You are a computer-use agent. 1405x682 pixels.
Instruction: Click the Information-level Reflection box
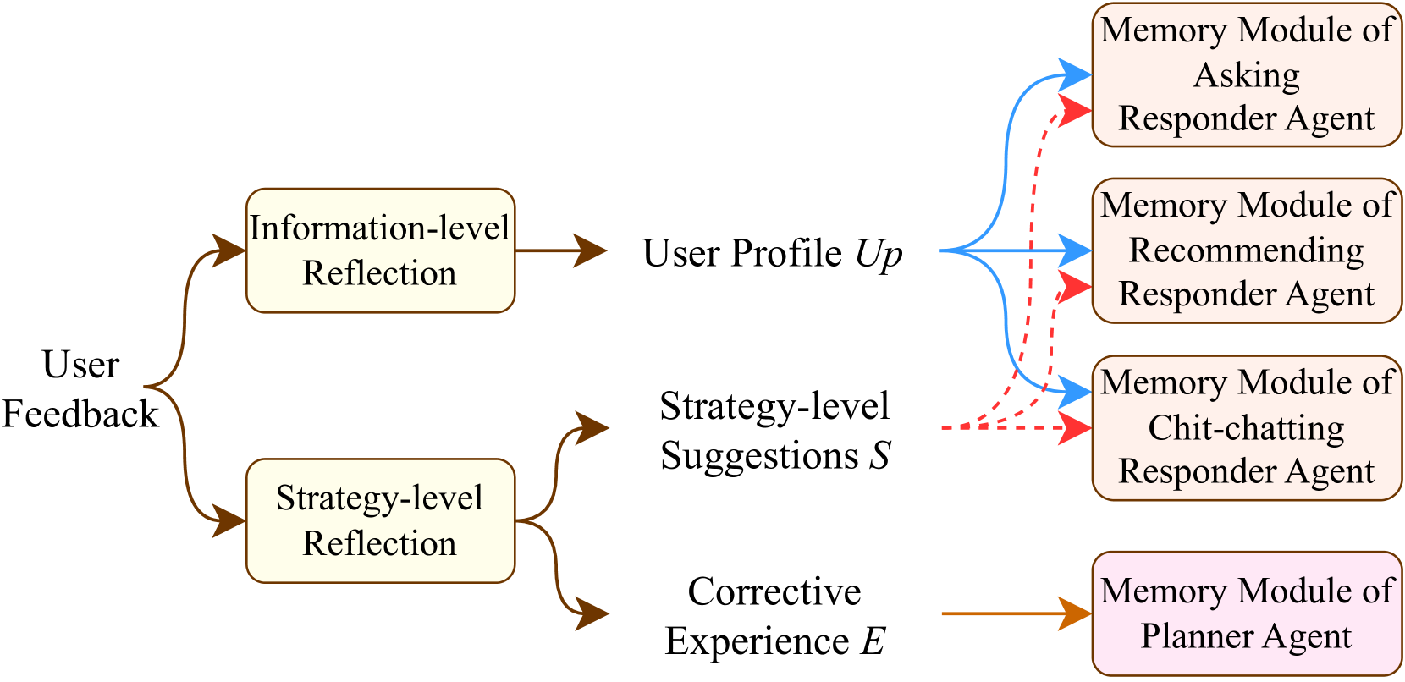point(380,250)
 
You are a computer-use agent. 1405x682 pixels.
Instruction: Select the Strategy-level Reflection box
point(380,520)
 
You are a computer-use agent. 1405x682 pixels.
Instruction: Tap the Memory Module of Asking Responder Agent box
point(1247,74)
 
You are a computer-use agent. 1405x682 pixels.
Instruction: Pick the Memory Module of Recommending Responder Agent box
point(1247,250)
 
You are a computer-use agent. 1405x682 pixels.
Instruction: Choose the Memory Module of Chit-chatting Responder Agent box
point(1247,427)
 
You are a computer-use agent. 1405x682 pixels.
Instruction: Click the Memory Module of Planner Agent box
point(1247,613)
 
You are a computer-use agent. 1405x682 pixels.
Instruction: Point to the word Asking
point(1247,75)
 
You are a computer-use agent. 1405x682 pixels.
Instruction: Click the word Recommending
point(1247,250)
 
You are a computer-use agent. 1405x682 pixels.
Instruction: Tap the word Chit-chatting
point(1246,428)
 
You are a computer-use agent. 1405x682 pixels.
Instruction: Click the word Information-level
point(380,228)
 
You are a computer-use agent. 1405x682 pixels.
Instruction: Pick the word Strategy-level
point(380,498)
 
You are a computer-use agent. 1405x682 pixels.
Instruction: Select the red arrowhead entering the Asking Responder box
point(1075,110)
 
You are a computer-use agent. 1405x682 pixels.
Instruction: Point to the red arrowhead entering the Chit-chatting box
point(1075,427)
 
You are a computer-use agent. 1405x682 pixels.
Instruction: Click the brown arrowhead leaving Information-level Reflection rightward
point(591,250)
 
